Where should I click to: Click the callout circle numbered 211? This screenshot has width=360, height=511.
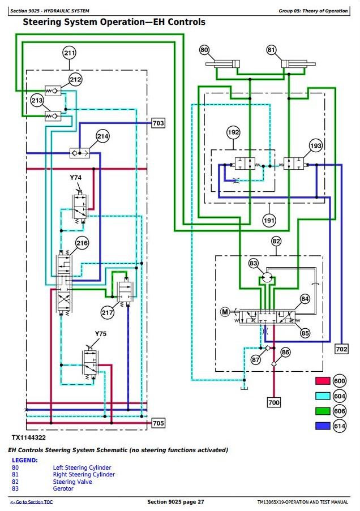[70, 53]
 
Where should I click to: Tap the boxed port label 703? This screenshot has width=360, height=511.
[158, 123]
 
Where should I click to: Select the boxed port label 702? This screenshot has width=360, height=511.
[341, 349]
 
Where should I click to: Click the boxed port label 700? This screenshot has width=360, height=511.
[274, 402]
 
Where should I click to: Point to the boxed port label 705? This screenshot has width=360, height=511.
[158, 423]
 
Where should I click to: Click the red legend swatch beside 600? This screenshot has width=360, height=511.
[323, 381]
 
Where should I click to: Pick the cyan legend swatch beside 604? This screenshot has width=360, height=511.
[323, 396]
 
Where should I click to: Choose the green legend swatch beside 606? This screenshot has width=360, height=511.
[323, 411]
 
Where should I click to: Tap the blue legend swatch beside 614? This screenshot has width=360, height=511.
[323, 426]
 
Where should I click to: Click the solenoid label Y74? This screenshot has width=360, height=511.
[76, 178]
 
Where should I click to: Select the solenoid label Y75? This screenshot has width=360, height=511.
[100, 334]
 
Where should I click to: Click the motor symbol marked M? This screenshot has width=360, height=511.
[225, 312]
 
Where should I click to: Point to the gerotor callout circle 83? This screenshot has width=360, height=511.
[254, 263]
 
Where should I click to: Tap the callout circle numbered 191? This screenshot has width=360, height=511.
[269, 220]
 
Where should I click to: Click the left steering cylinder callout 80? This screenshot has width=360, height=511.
[204, 50]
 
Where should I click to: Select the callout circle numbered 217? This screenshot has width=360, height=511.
[108, 313]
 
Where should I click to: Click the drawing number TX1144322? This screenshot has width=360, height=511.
[29, 437]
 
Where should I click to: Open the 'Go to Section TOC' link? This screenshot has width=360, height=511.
[31, 502]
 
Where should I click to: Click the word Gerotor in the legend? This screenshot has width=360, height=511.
[63, 488]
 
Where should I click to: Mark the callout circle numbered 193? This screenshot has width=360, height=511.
[316, 145]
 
